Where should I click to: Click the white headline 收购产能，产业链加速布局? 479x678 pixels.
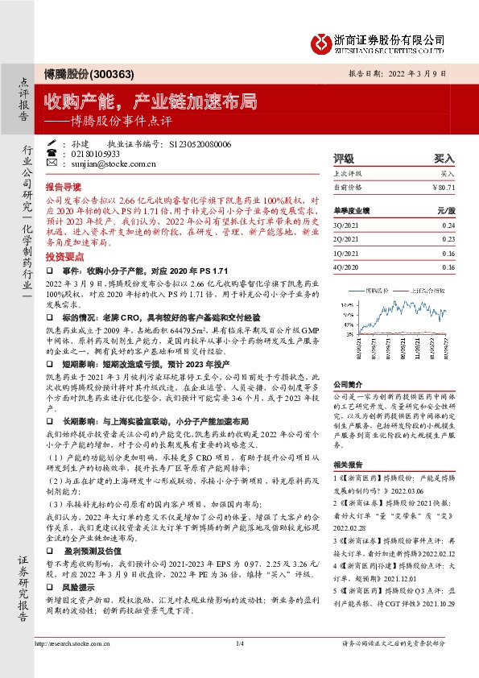(151, 101)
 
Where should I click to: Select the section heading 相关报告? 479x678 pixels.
(348, 465)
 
